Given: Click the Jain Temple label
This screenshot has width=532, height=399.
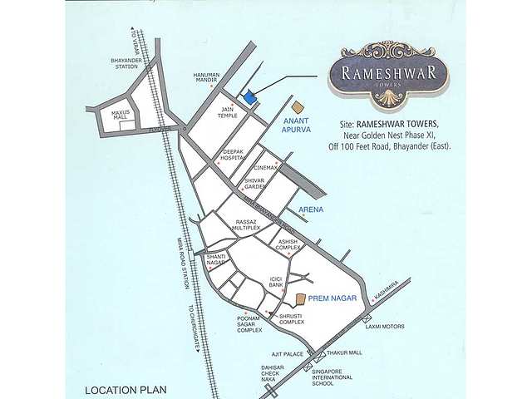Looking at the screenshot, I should coord(229,112).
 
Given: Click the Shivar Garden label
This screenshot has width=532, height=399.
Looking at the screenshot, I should coord(254,184).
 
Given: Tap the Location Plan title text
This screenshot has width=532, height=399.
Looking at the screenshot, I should coord(126,389).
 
